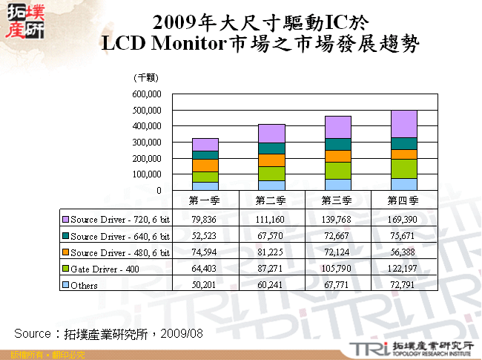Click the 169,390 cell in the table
(x=403, y=220)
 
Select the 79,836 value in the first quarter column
(x=205, y=220)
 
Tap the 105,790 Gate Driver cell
(x=337, y=269)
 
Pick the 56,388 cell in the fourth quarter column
(x=403, y=252)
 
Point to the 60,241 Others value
(x=271, y=285)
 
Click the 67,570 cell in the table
(x=271, y=236)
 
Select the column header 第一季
(x=205, y=200)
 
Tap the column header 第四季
(x=403, y=200)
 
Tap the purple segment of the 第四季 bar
(x=403, y=123)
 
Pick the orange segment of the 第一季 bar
(x=205, y=165)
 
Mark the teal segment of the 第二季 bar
(x=271, y=148)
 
